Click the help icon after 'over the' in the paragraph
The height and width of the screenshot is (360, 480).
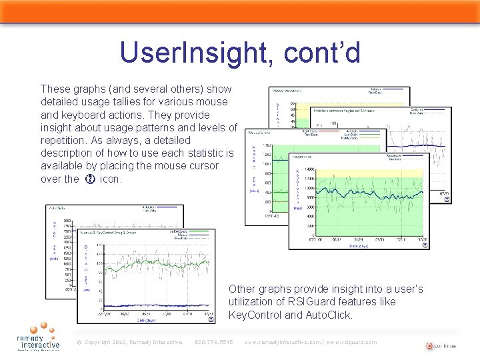coord(90,179)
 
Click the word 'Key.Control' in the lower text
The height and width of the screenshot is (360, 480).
coord(257,315)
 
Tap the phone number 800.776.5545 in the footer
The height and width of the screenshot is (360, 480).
coord(213,342)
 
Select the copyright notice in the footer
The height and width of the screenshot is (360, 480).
coord(129,342)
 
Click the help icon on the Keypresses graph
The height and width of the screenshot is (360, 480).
coord(425,245)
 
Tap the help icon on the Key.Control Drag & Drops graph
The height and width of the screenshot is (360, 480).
coord(211,319)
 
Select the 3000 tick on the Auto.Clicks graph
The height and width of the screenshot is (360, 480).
coord(67,220)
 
